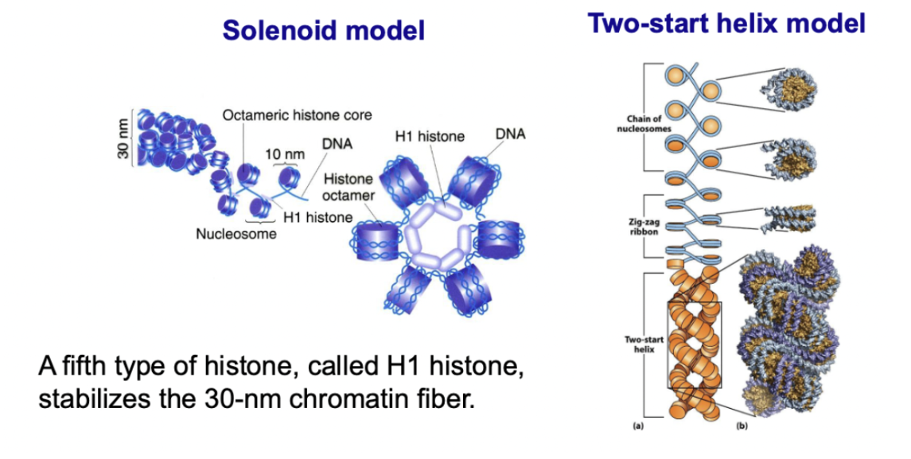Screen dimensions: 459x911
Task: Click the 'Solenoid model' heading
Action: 324,29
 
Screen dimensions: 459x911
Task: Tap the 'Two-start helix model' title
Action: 726,23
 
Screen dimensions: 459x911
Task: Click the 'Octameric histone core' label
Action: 298,115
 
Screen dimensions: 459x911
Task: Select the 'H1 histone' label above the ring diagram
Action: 430,136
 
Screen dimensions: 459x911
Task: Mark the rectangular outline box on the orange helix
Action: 695,344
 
